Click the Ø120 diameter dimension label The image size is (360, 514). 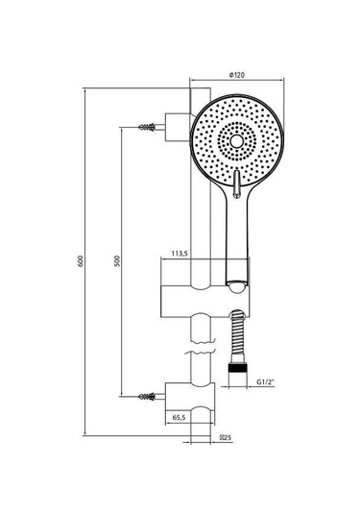coord(237,75)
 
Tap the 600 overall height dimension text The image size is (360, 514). coord(81,261)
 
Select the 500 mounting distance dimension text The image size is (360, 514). coord(117,260)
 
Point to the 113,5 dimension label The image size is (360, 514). coord(180,253)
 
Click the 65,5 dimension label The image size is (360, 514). coord(179,417)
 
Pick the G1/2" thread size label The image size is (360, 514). coord(265,381)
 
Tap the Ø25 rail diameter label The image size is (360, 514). coord(227,437)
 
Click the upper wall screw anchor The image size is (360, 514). coord(147,127)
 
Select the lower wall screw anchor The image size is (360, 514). coord(147,397)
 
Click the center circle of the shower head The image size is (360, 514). coord(236,141)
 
